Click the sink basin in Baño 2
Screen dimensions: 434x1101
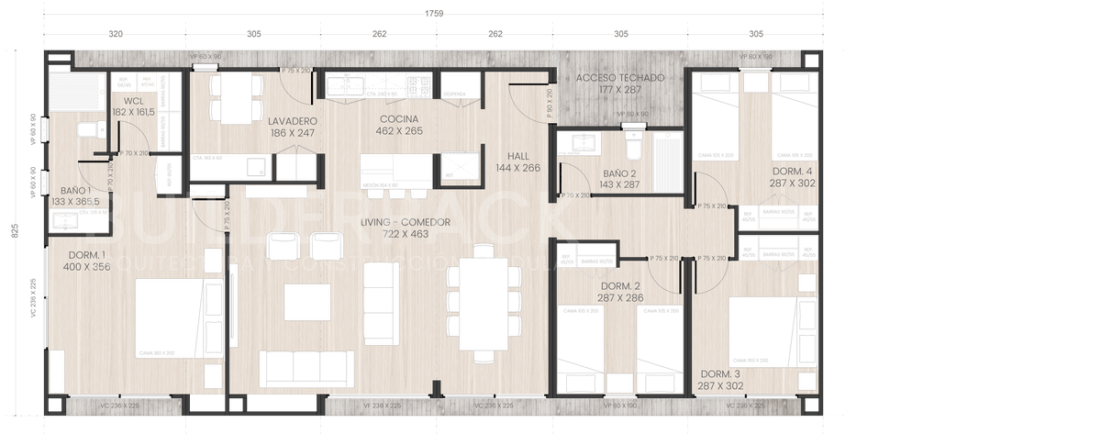click(583, 143)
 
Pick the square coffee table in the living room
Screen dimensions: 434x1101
click(306, 301)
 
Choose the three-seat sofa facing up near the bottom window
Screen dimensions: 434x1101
click(306, 368)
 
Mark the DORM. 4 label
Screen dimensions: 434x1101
click(794, 177)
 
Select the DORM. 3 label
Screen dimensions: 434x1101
click(720, 381)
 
